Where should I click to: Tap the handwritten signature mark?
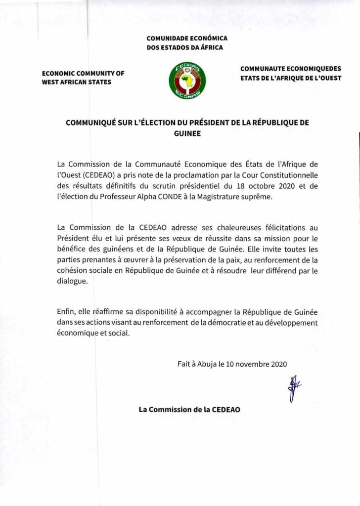pos(294,387)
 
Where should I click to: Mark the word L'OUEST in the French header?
pos(326,78)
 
